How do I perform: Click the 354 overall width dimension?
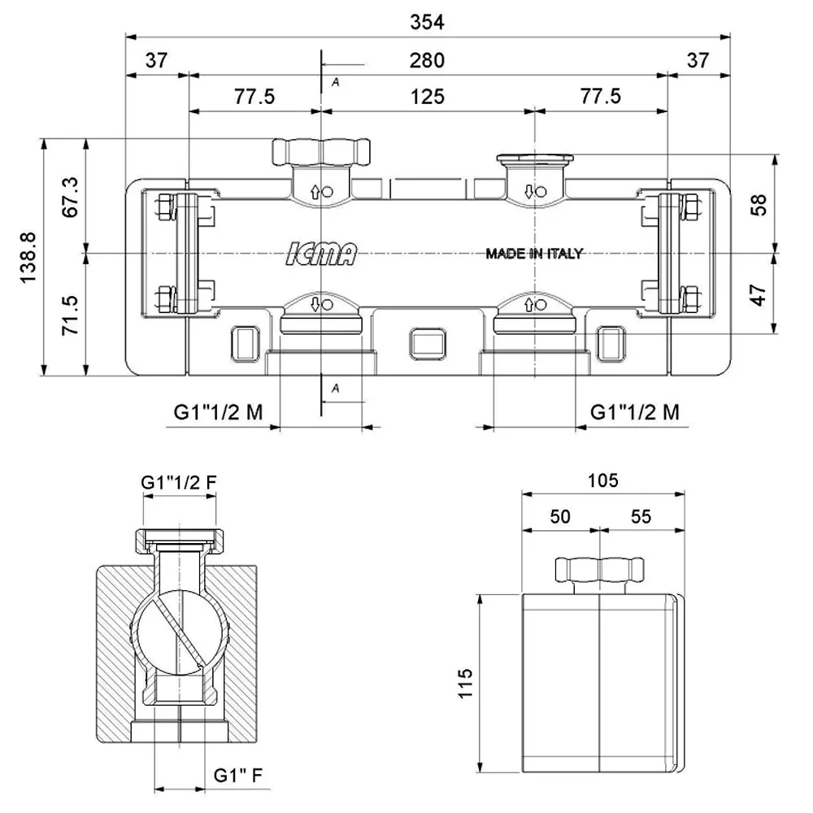(x=428, y=22)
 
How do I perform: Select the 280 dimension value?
(x=427, y=61)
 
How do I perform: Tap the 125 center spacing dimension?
(x=428, y=97)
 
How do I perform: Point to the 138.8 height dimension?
(x=28, y=257)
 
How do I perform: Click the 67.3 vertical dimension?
(x=70, y=197)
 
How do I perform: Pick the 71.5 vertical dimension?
(x=70, y=315)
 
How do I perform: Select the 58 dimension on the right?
(x=758, y=204)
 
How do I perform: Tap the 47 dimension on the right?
(x=758, y=294)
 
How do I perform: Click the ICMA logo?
(x=321, y=254)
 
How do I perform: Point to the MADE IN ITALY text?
(x=534, y=254)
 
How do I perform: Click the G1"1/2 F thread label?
(x=179, y=482)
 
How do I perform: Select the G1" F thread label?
(x=238, y=775)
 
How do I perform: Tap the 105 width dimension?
(x=603, y=480)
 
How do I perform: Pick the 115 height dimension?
(x=466, y=684)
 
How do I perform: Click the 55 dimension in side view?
(x=641, y=516)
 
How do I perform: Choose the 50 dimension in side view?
(x=560, y=516)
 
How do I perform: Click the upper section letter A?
(x=336, y=82)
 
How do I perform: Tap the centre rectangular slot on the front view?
(x=428, y=344)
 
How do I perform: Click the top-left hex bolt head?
(x=164, y=207)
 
